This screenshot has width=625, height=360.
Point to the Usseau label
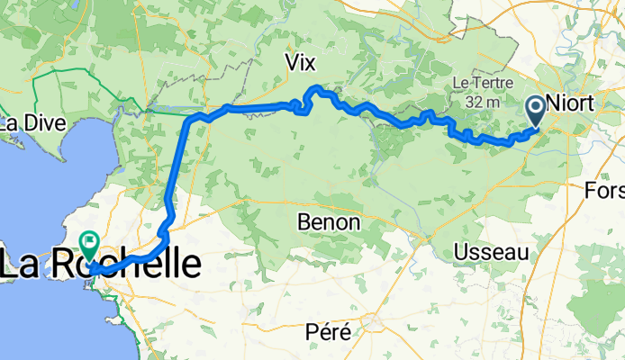[491, 252]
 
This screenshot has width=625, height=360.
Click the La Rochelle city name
[100, 265]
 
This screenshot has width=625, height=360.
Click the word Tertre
[486, 83]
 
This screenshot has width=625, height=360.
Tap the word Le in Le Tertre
[459, 83]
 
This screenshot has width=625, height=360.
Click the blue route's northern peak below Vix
[317, 88]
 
